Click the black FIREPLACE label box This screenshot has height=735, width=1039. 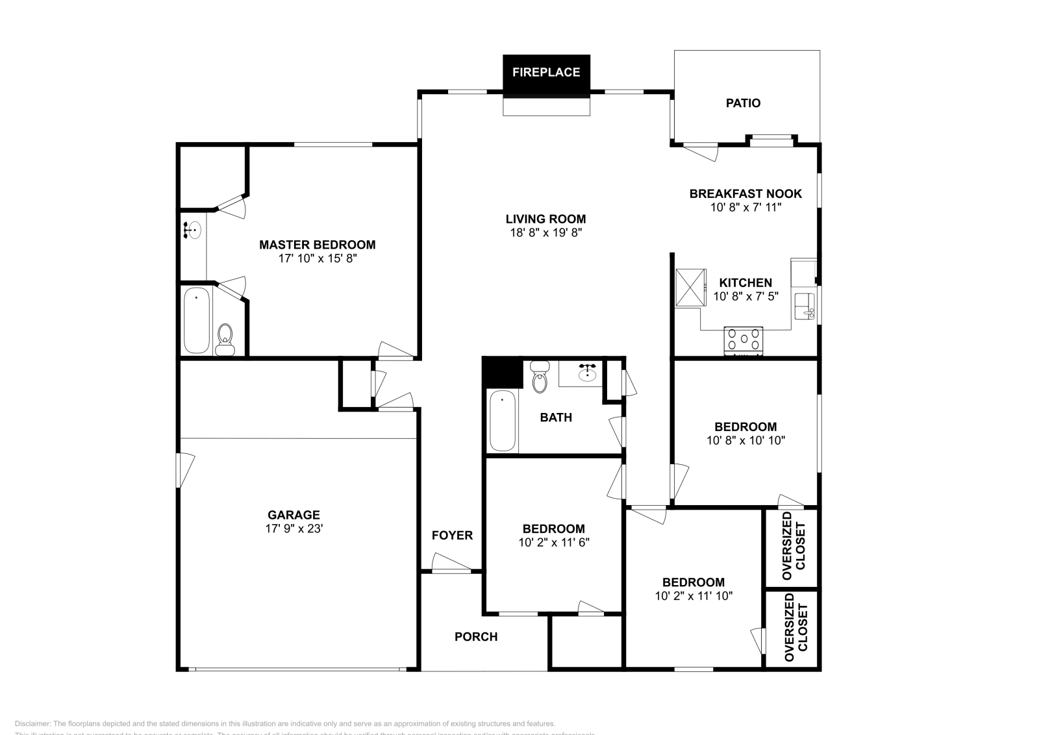(x=546, y=72)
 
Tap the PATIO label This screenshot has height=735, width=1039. (x=743, y=103)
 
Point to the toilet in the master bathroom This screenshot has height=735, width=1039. (x=225, y=339)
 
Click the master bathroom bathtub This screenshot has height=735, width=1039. (x=196, y=321)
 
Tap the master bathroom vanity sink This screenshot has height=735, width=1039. (x=193, y=230)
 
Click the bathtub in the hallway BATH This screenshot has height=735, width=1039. (x=503, y=421)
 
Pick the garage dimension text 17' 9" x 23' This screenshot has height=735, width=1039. (x=294, y=529)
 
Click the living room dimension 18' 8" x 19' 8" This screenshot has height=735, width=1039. (x=545, y=232)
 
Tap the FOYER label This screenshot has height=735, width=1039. (x=452, y=536)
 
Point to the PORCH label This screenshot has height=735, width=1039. (x=476, y=637)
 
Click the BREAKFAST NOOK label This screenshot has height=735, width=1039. (x=745, y=193)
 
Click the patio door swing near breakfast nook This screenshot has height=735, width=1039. (x=701, y=151)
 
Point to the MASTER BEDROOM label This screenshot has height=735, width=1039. (x=317, y=245)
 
